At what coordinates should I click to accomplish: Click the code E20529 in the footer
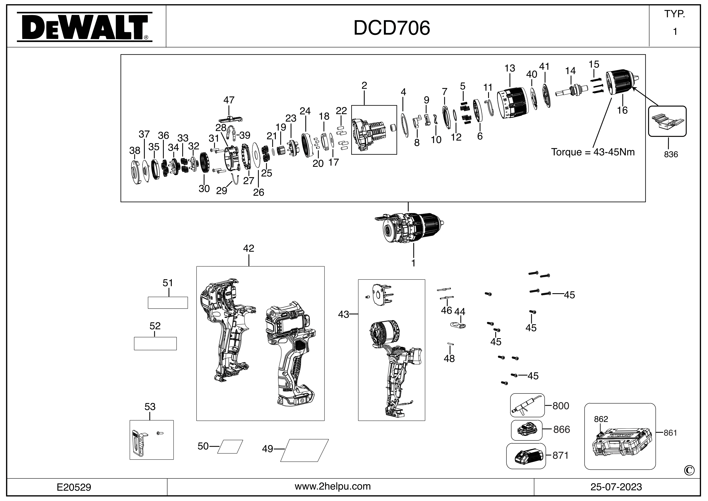(74, 487)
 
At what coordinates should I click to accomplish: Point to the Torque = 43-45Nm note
(592, 152)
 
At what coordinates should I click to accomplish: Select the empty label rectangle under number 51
(168, 303)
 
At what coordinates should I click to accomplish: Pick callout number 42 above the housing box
(248, 248)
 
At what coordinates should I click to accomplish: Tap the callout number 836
(671, 154)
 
